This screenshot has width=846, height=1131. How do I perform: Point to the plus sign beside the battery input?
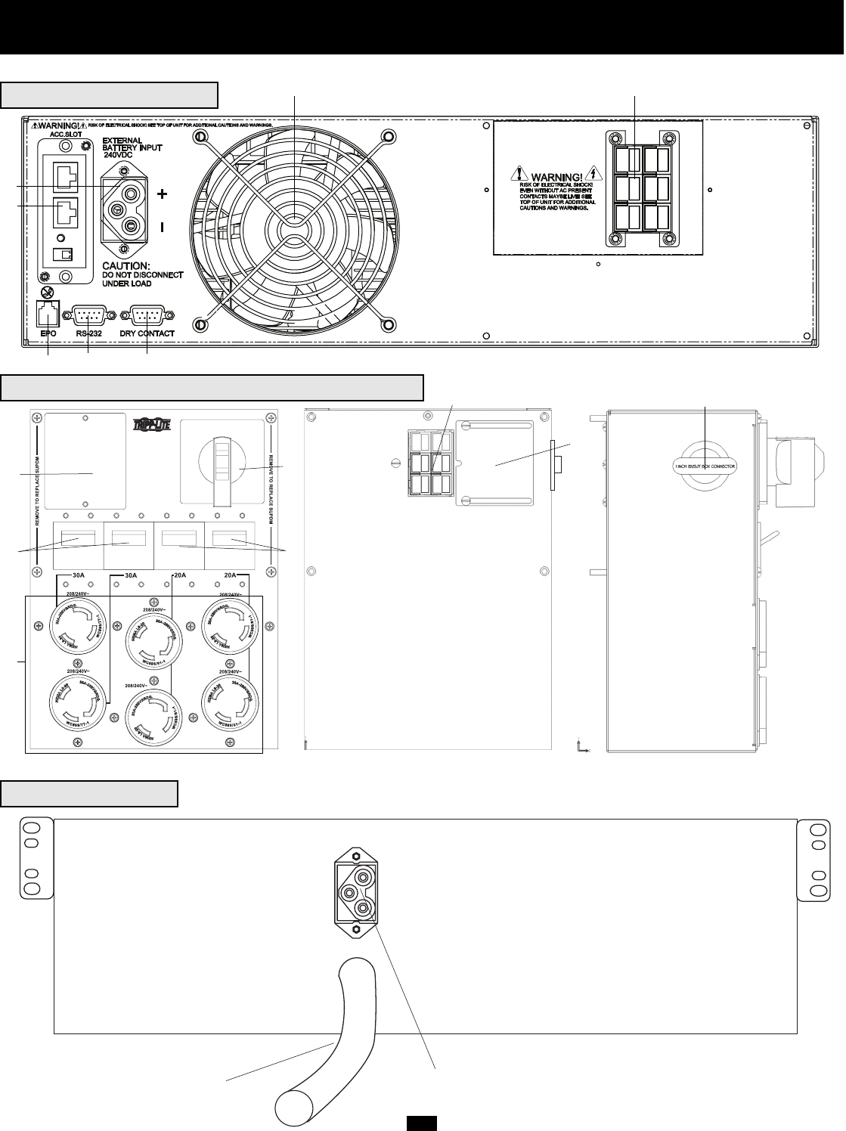(x=163, y=194)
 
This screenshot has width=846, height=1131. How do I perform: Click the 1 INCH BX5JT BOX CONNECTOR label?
(x=705, y=466)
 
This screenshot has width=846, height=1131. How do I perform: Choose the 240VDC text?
(x=119, y=155)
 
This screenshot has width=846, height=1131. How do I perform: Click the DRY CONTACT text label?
(x=147, y=333)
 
